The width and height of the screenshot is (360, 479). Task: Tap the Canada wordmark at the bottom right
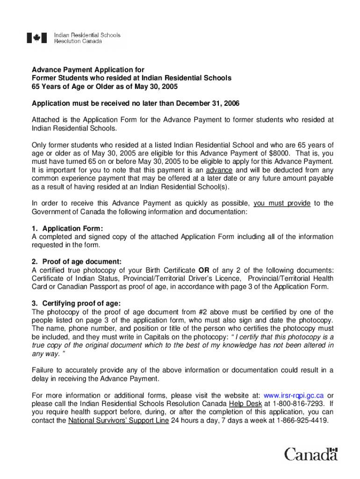[x=311, y=454]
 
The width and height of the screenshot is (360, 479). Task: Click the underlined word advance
[x=220, y=170]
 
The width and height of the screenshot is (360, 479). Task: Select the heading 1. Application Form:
[x=67, y=229]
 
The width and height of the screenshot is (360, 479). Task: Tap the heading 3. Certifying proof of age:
[x=76, y=304]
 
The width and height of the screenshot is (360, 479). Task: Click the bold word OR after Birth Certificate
[x=204, y=270]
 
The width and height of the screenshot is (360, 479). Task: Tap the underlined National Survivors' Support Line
[x=118, y=421]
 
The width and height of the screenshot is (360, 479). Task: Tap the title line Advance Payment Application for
[x=88, y=69]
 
